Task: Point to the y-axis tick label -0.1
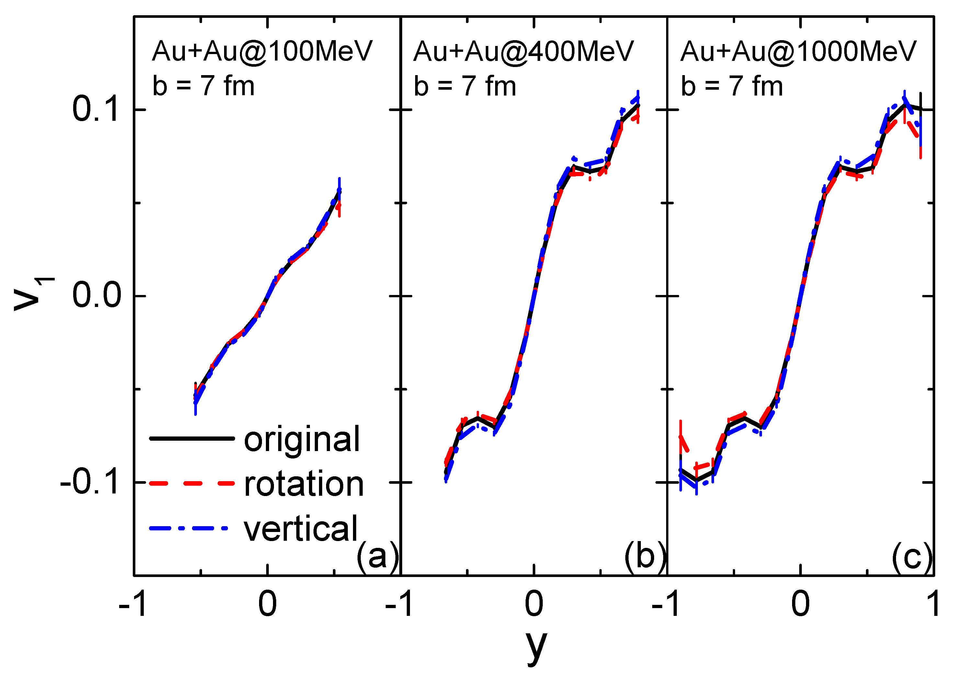coord(91,482)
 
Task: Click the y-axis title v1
coord(33,294)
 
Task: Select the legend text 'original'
coord(301,439)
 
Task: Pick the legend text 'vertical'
coord(301,529)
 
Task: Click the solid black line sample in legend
coord(192,438)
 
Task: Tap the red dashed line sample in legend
coord(192,483)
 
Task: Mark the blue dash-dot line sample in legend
coord(189,528)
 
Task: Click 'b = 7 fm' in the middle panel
coord(465,86)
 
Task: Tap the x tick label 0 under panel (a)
coord(267,605)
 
